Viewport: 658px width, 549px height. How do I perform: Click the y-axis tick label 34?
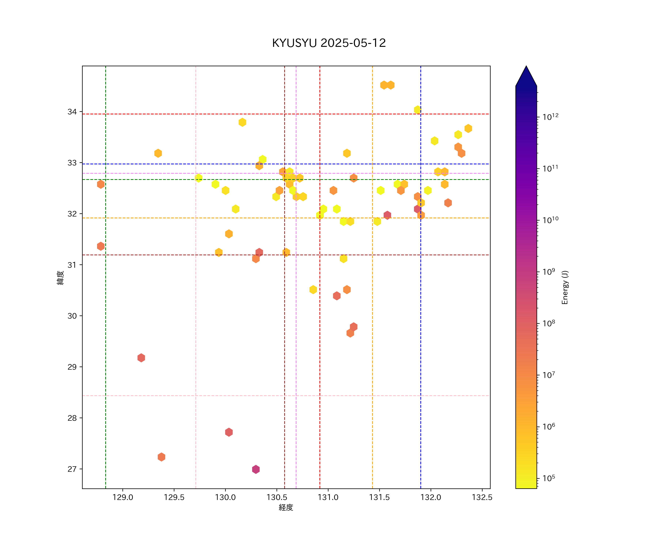[x=72, y=112]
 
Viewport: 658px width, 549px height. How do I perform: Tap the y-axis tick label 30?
[x=72, y=316]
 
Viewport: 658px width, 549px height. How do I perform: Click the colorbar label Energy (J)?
[x=565, y=287]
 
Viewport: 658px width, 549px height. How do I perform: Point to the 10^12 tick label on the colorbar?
[x=551, y=117]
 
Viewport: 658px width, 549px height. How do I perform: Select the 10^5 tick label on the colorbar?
[x=549, y=478]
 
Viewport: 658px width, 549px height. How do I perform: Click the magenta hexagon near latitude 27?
[x=256, y=469]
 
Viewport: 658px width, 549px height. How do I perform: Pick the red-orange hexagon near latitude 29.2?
[x=141, y=358]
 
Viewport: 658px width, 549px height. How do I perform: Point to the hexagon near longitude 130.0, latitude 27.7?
[x=229, y=432]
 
